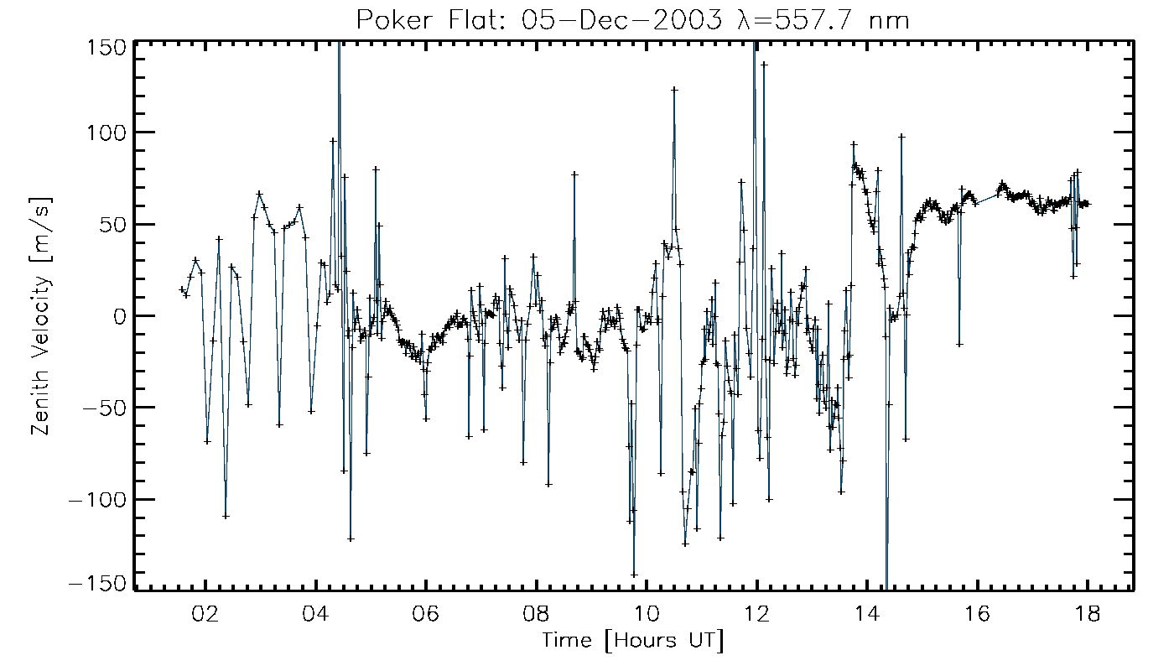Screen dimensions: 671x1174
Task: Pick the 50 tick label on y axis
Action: pyautogui.click(x=112, y=225)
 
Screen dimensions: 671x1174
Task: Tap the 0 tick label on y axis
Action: pyautogui.click(x=119, y=316)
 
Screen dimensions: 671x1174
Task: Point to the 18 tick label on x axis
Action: pyautogui.click(x=1088, y=614)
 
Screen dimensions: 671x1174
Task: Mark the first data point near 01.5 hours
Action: pyautogui.click(x=181, y=289)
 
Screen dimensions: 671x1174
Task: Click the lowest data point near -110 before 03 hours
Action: pyautogui.click(x=226, y=516)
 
